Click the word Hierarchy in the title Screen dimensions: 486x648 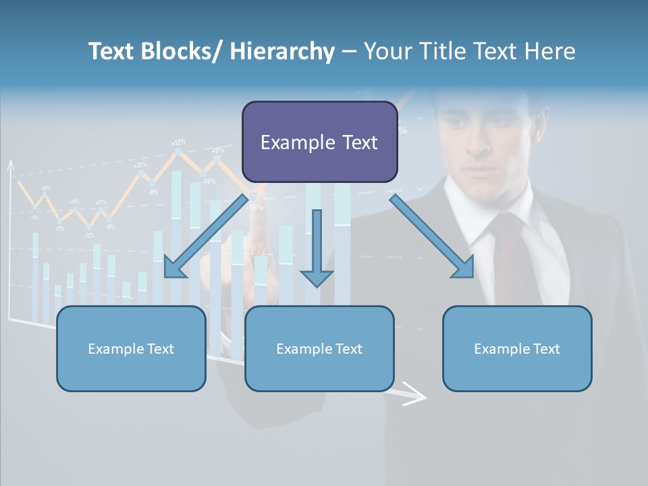point(282,51)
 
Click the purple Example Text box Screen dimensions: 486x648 point(319,142)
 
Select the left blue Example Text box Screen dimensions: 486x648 point(131,348)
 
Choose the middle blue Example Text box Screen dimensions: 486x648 point(319,348)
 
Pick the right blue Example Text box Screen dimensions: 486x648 point(517,348)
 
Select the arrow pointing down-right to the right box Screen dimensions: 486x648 point(433,237)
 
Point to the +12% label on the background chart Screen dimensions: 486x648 point(178,142)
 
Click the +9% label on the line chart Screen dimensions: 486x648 point(218,150)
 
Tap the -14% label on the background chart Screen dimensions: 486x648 point(208,181)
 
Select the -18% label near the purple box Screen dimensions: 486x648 point(255,207)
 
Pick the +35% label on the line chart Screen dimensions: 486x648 point(140,165)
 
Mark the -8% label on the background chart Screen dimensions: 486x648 point(153,192)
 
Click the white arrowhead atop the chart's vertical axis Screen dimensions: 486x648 point(10,165)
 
